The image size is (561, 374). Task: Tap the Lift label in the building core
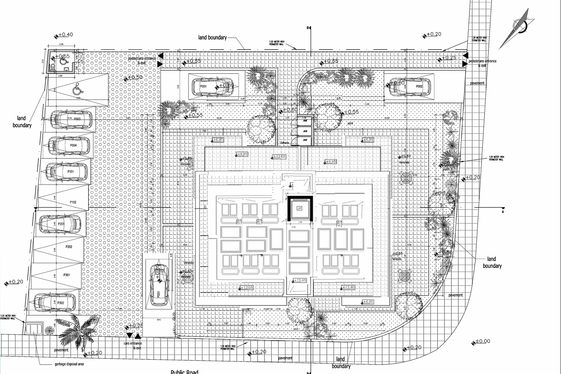point(300,208)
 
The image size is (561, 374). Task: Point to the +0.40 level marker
point(64,35)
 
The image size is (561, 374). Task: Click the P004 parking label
point(73,146)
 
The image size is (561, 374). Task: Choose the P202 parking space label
point(68,247)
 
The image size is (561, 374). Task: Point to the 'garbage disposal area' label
point(69,364)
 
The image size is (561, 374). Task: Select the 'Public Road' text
point(184,372)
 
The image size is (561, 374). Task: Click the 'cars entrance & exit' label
point(133,346)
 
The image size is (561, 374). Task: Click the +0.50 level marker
point(135,77)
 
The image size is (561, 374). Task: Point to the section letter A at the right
point(503,211)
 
